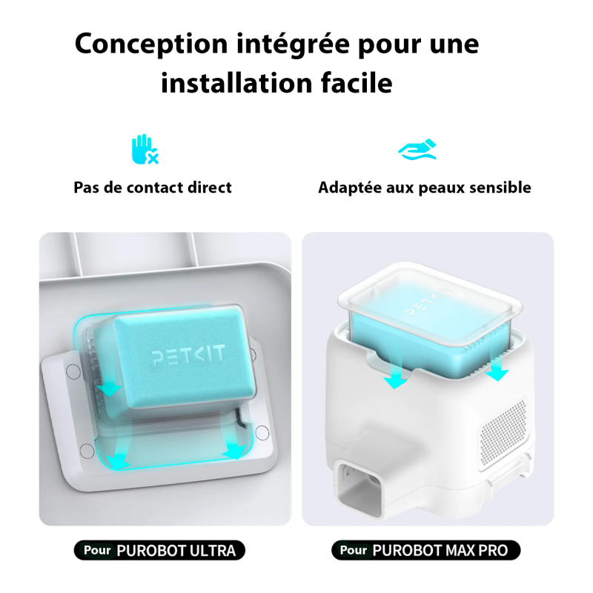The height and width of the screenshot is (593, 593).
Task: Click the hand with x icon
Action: point(145,149)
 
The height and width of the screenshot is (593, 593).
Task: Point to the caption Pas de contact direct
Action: point(153,188)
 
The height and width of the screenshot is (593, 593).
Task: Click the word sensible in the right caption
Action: point(497,188)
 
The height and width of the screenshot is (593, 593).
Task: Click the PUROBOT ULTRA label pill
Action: point(159,550)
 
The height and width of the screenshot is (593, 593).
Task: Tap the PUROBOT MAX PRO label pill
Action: point(426,550)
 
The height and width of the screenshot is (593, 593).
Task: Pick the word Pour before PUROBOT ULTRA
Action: point(97,550)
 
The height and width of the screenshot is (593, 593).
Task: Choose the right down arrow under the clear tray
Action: point(497,371)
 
